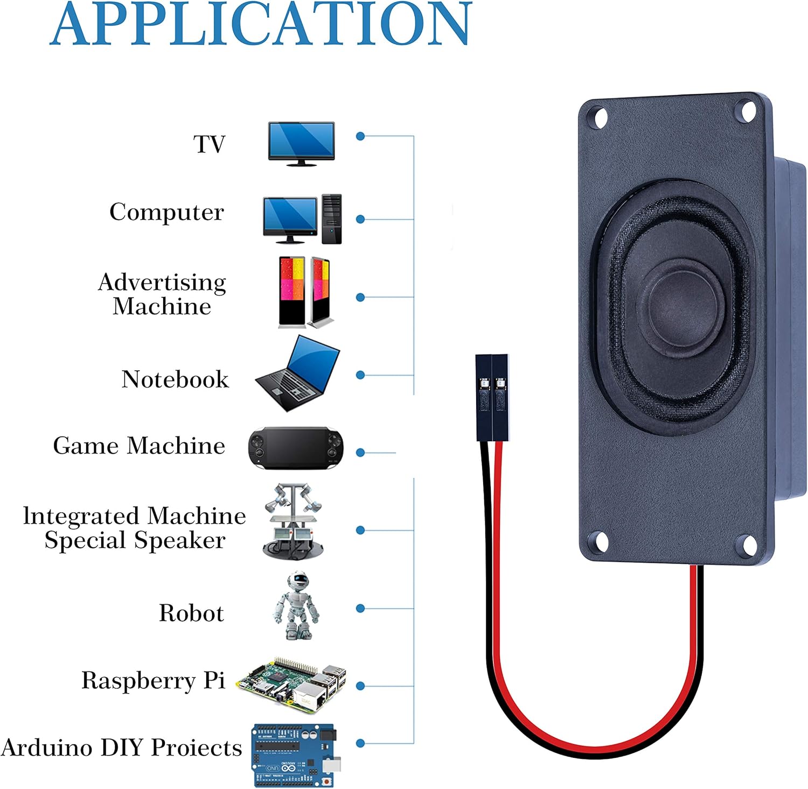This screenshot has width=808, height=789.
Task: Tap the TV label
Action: pyautogui.click(x=209, y=144)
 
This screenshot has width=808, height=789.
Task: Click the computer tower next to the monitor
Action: pyautogui.click(x=332, y=219)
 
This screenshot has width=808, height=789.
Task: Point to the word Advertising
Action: pyautogui.click(x=162, y=283)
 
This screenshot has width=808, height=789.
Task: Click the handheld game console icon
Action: pyautogui.click(x=295, y=448)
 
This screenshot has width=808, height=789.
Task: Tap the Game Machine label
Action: pyautogui.click(x=139, y=446)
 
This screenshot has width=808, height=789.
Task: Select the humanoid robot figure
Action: pyautogui.click(x=296, y=606)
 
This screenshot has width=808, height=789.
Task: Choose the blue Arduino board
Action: pyautogui.click(x=294, y=755)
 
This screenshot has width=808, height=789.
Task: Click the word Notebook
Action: pyautogui.click(x=175, y=379)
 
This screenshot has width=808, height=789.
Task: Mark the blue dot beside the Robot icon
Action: pyautogui.click(x=360, y=608)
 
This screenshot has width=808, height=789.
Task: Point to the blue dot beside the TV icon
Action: pyautogui.click(x=360, y=136)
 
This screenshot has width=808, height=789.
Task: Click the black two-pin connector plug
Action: pyautogui.click(x=492, y=397)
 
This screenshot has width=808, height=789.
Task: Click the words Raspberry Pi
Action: pyautogui.click(x=153, y=681)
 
